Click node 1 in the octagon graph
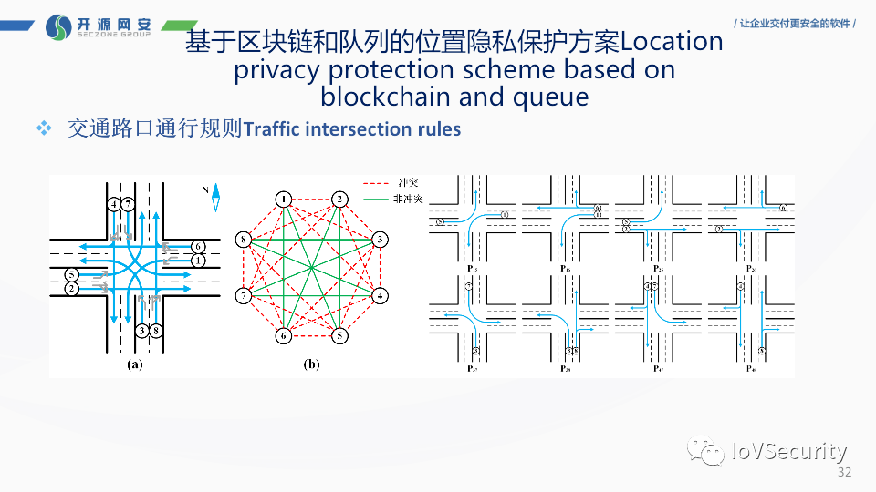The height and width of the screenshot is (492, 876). (x=285, y=200)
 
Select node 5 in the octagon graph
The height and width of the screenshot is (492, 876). (x=339, y=335)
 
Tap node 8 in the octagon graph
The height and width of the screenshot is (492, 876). (x=243, y=241)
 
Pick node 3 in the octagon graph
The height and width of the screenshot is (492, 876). (x=379, y=241)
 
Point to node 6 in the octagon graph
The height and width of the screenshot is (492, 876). (x=284, y=335)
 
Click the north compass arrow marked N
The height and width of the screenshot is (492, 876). (x=216, y=198)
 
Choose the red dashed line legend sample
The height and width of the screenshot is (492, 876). (x=373, y=182)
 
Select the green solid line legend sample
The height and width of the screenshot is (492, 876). (x=373, y=198)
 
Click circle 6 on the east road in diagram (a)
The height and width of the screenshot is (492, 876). (x=198, y=247)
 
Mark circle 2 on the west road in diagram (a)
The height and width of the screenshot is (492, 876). (x=70, y=289)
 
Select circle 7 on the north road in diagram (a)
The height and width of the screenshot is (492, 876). (x=129, y=203)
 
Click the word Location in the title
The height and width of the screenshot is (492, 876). (x=672, y=41)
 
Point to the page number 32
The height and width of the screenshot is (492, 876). (x=843, y=473)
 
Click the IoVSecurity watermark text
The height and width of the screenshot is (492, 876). (x=789, y=451)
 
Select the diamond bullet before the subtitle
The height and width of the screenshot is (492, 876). (x=43, y=128)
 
